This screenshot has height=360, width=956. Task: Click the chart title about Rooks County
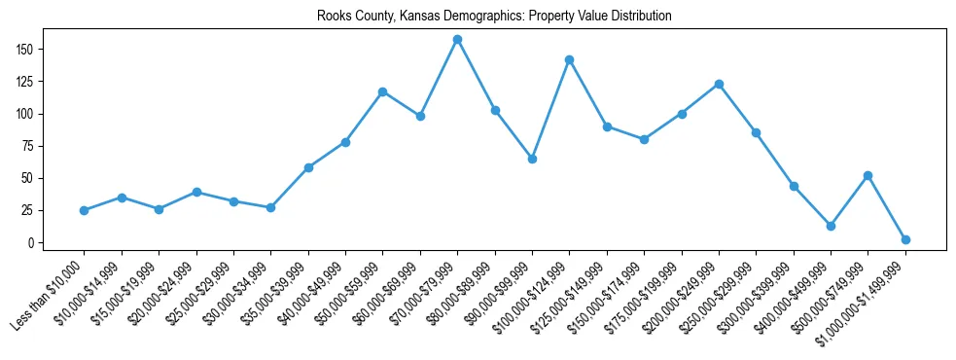(x=494, y=17)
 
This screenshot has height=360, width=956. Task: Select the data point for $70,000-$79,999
(x=457, y=40)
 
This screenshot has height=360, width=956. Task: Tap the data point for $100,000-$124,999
(x=570, y=60)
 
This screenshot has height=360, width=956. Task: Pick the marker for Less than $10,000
(x=84, y=210)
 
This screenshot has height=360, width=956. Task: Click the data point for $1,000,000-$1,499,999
(x=905, y=239)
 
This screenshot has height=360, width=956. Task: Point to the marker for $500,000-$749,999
(x=868, y=175)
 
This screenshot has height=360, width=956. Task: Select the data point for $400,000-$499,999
(x=831, y=226)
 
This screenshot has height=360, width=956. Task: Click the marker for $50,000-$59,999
(x=382, y=92)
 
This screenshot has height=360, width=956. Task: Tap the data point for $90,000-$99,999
(x=532, y=159)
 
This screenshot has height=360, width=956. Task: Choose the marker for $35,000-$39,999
(x=308, y=167)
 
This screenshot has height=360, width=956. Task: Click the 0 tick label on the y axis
(x=32, y=243)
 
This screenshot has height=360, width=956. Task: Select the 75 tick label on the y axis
(x=29, y=146)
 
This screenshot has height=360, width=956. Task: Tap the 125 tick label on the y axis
(x=26, y=82)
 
